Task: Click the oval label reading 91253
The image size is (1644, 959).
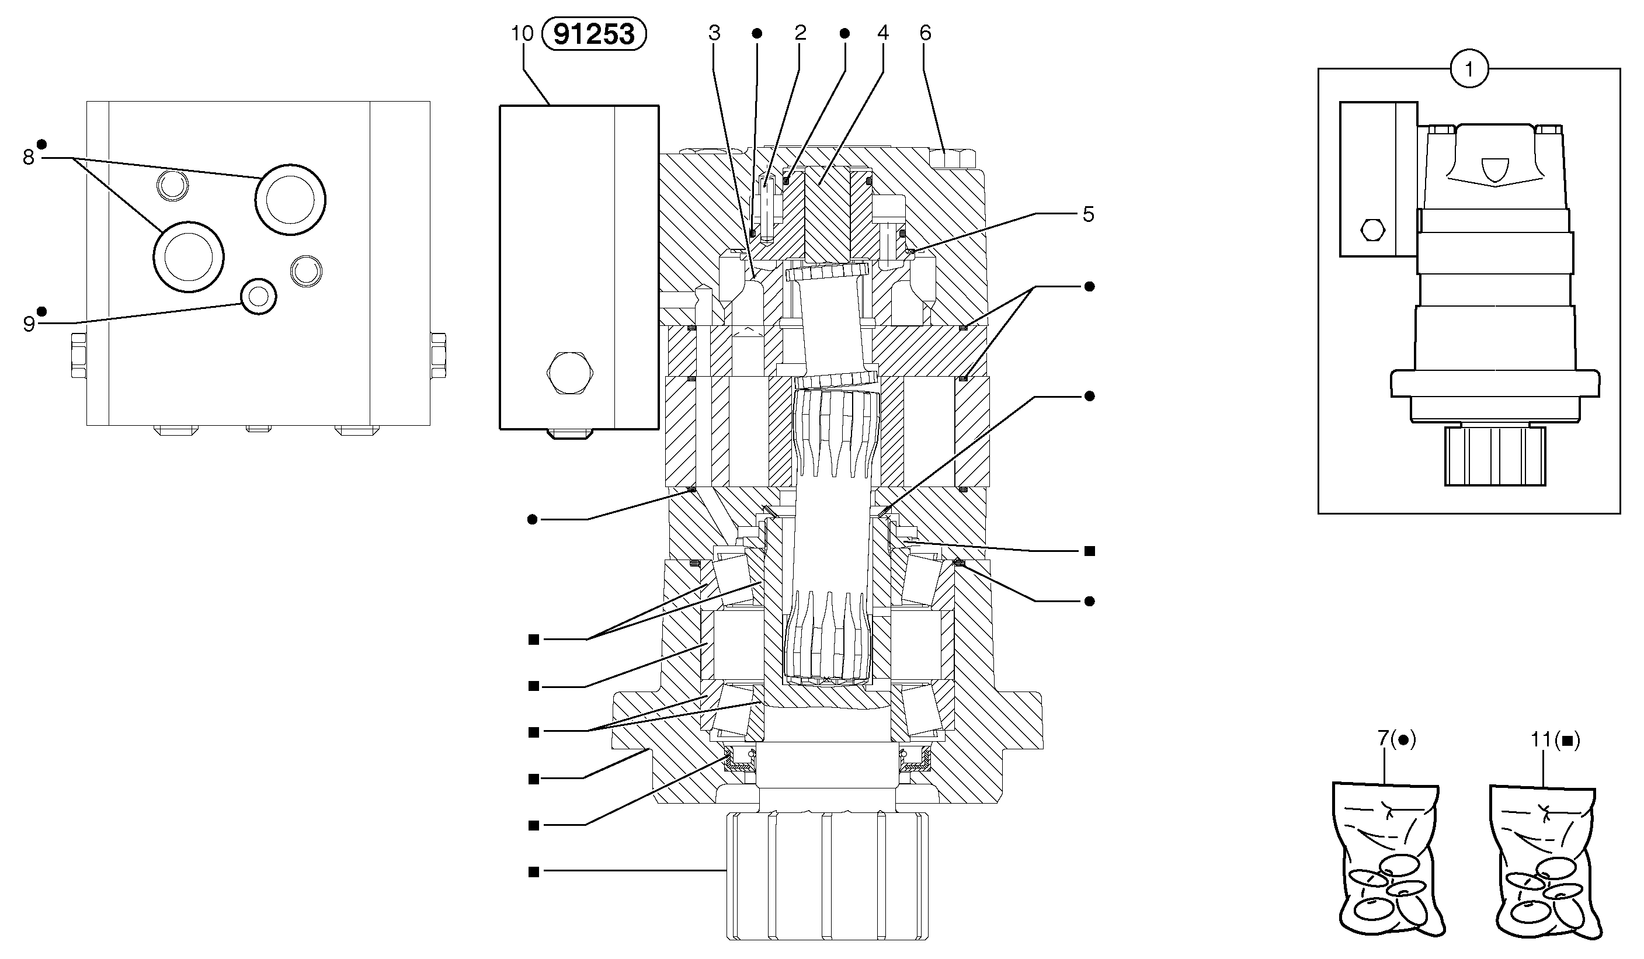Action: pos(594,34)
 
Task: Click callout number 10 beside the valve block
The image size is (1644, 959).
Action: pos(523,33)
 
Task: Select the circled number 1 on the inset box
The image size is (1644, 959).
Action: pos(1469,69)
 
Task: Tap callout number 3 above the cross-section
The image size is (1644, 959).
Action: pos(714,33)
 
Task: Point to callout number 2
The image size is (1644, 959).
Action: pos(801,33)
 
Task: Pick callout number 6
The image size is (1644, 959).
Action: pos(926,33)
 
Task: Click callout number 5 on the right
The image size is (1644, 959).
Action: pos(1088,214)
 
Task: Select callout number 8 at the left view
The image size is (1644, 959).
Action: pos(28,157)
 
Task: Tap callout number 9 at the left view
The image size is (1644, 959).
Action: pos(29,324)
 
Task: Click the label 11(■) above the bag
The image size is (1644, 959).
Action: pos(1555,739)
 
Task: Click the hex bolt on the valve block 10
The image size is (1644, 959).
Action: pos(569,373)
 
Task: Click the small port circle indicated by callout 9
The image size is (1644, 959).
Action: pos(259,297)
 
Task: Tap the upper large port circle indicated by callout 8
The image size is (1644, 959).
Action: pos(290,199)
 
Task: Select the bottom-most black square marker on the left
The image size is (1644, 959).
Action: pos(534,871)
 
